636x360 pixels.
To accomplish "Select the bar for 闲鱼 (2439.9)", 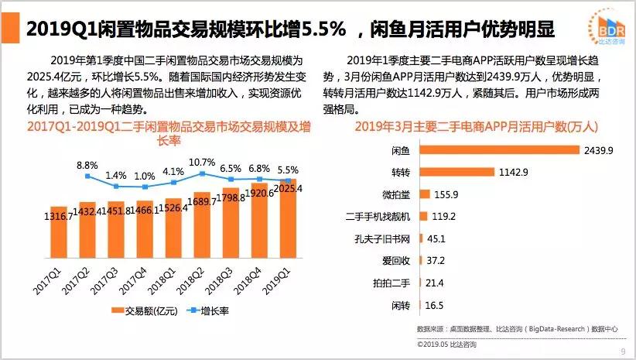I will coord(499,149).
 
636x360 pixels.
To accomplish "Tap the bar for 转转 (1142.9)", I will coord(457,171).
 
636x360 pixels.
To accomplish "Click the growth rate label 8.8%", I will coord(87,165).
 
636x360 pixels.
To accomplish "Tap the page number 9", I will coord(623,352).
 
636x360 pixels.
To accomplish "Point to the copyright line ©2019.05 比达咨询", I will coord(446,343).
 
